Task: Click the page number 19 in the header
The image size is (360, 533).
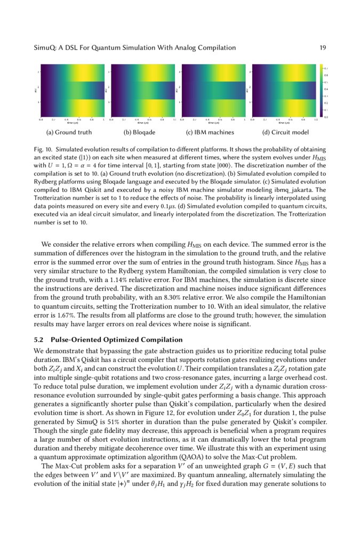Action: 322,48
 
